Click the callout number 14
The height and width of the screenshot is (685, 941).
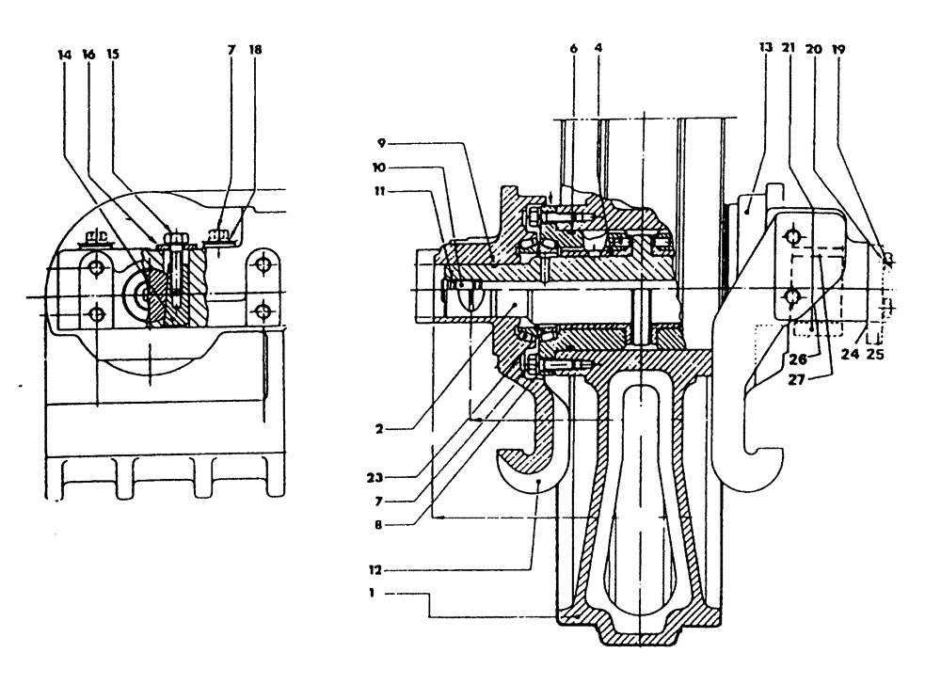[64, 56]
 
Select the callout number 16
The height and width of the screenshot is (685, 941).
[89, 56]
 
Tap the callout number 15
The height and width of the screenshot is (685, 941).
[114, 56]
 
